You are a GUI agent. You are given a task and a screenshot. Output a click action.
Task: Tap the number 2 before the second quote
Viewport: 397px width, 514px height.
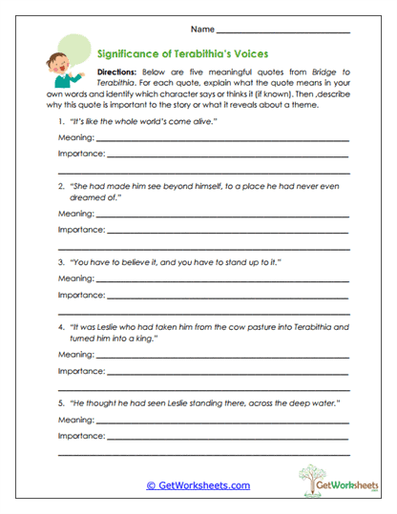pos(60,186)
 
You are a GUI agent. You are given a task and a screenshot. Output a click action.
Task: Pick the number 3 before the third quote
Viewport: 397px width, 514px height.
pos(60,261)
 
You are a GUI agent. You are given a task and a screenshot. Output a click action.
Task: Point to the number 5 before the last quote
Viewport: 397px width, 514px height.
pos(60,403)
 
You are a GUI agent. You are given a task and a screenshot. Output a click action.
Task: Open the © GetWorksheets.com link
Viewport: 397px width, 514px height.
pos(198,485)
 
